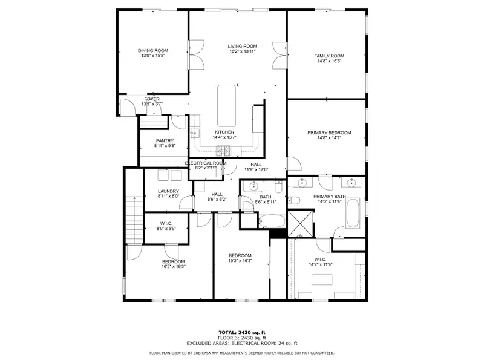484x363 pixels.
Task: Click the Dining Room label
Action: pyautogui.click(x=153, y=51)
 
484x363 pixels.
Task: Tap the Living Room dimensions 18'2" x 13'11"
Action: pyautogui.click(x=243, y=51)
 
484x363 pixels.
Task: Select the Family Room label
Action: pyautogui.click(x=329, y=56)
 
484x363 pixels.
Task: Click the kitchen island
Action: pyautogui.click(x=226, y=105)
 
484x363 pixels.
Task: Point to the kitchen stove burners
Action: pyautogui.click(x=223, y=151)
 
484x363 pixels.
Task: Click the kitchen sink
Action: pyautogui.click(x=195, y=133)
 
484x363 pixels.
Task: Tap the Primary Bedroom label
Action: pyautogui.click(x=329, y=132)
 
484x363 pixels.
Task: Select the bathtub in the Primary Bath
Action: pyautogui.click(x=353, y=214)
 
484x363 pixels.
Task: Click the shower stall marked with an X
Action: pyautogui.click(x=300, y=224)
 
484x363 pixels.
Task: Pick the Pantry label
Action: pyautogui.click(x=165, y=141)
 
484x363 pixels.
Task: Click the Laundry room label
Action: pyautogui.click(x=168, y=191)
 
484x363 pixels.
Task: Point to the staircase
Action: pyautogui.click(x=134, y=220)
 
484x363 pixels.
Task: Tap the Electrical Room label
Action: pyautogui.click(x=206, y=163)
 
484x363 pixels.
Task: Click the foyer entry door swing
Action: pyautogui.click(x=127, y=106)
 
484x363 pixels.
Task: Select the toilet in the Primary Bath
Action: pyautogui.click(x=295, y=201)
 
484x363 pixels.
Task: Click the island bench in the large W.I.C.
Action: pyautogui.click(x=322, y=280)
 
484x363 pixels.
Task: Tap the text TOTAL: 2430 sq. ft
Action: pyautogui.click(x=242, y=332)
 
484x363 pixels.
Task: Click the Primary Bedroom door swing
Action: pyautogui.click(x=294, y=163)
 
